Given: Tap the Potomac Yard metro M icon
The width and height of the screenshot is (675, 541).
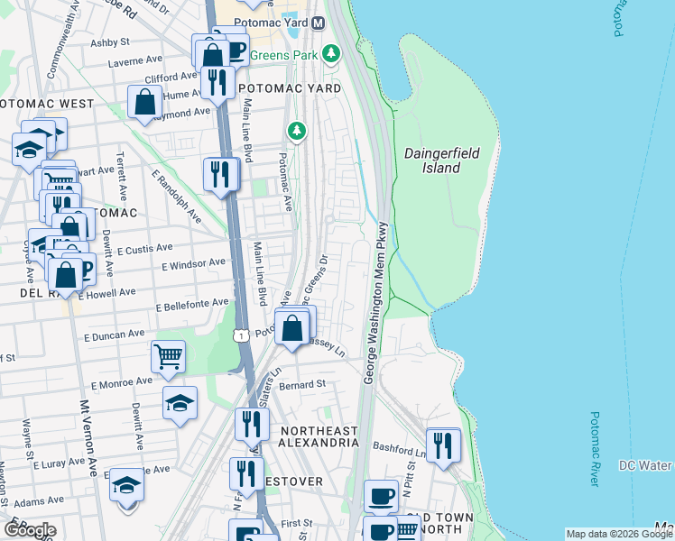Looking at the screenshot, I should [x=318, y=23].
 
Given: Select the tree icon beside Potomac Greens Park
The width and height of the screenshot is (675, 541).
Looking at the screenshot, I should [x=332, y=54].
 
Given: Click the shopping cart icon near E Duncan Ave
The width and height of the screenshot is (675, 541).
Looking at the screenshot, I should [x=168, y=358].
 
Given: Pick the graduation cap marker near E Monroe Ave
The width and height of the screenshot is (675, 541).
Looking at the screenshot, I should [x=180, y=402].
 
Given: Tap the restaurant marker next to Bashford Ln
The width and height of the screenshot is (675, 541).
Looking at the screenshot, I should [x=443, y=445].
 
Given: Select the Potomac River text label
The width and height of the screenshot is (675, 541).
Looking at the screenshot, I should [x=593, y=449].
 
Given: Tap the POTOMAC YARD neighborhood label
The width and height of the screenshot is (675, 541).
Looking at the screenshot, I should [x=290, y=89].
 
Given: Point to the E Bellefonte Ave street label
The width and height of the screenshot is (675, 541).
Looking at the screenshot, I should [x=192, y=307].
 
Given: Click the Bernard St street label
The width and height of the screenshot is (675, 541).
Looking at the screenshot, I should [x=301, y=384].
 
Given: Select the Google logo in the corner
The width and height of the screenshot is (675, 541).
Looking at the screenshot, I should [x=30, y=530].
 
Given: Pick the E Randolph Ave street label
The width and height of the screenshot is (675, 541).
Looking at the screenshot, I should [x=177, y=196].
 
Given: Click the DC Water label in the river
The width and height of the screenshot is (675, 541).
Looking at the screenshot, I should [x=645, y=465].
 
